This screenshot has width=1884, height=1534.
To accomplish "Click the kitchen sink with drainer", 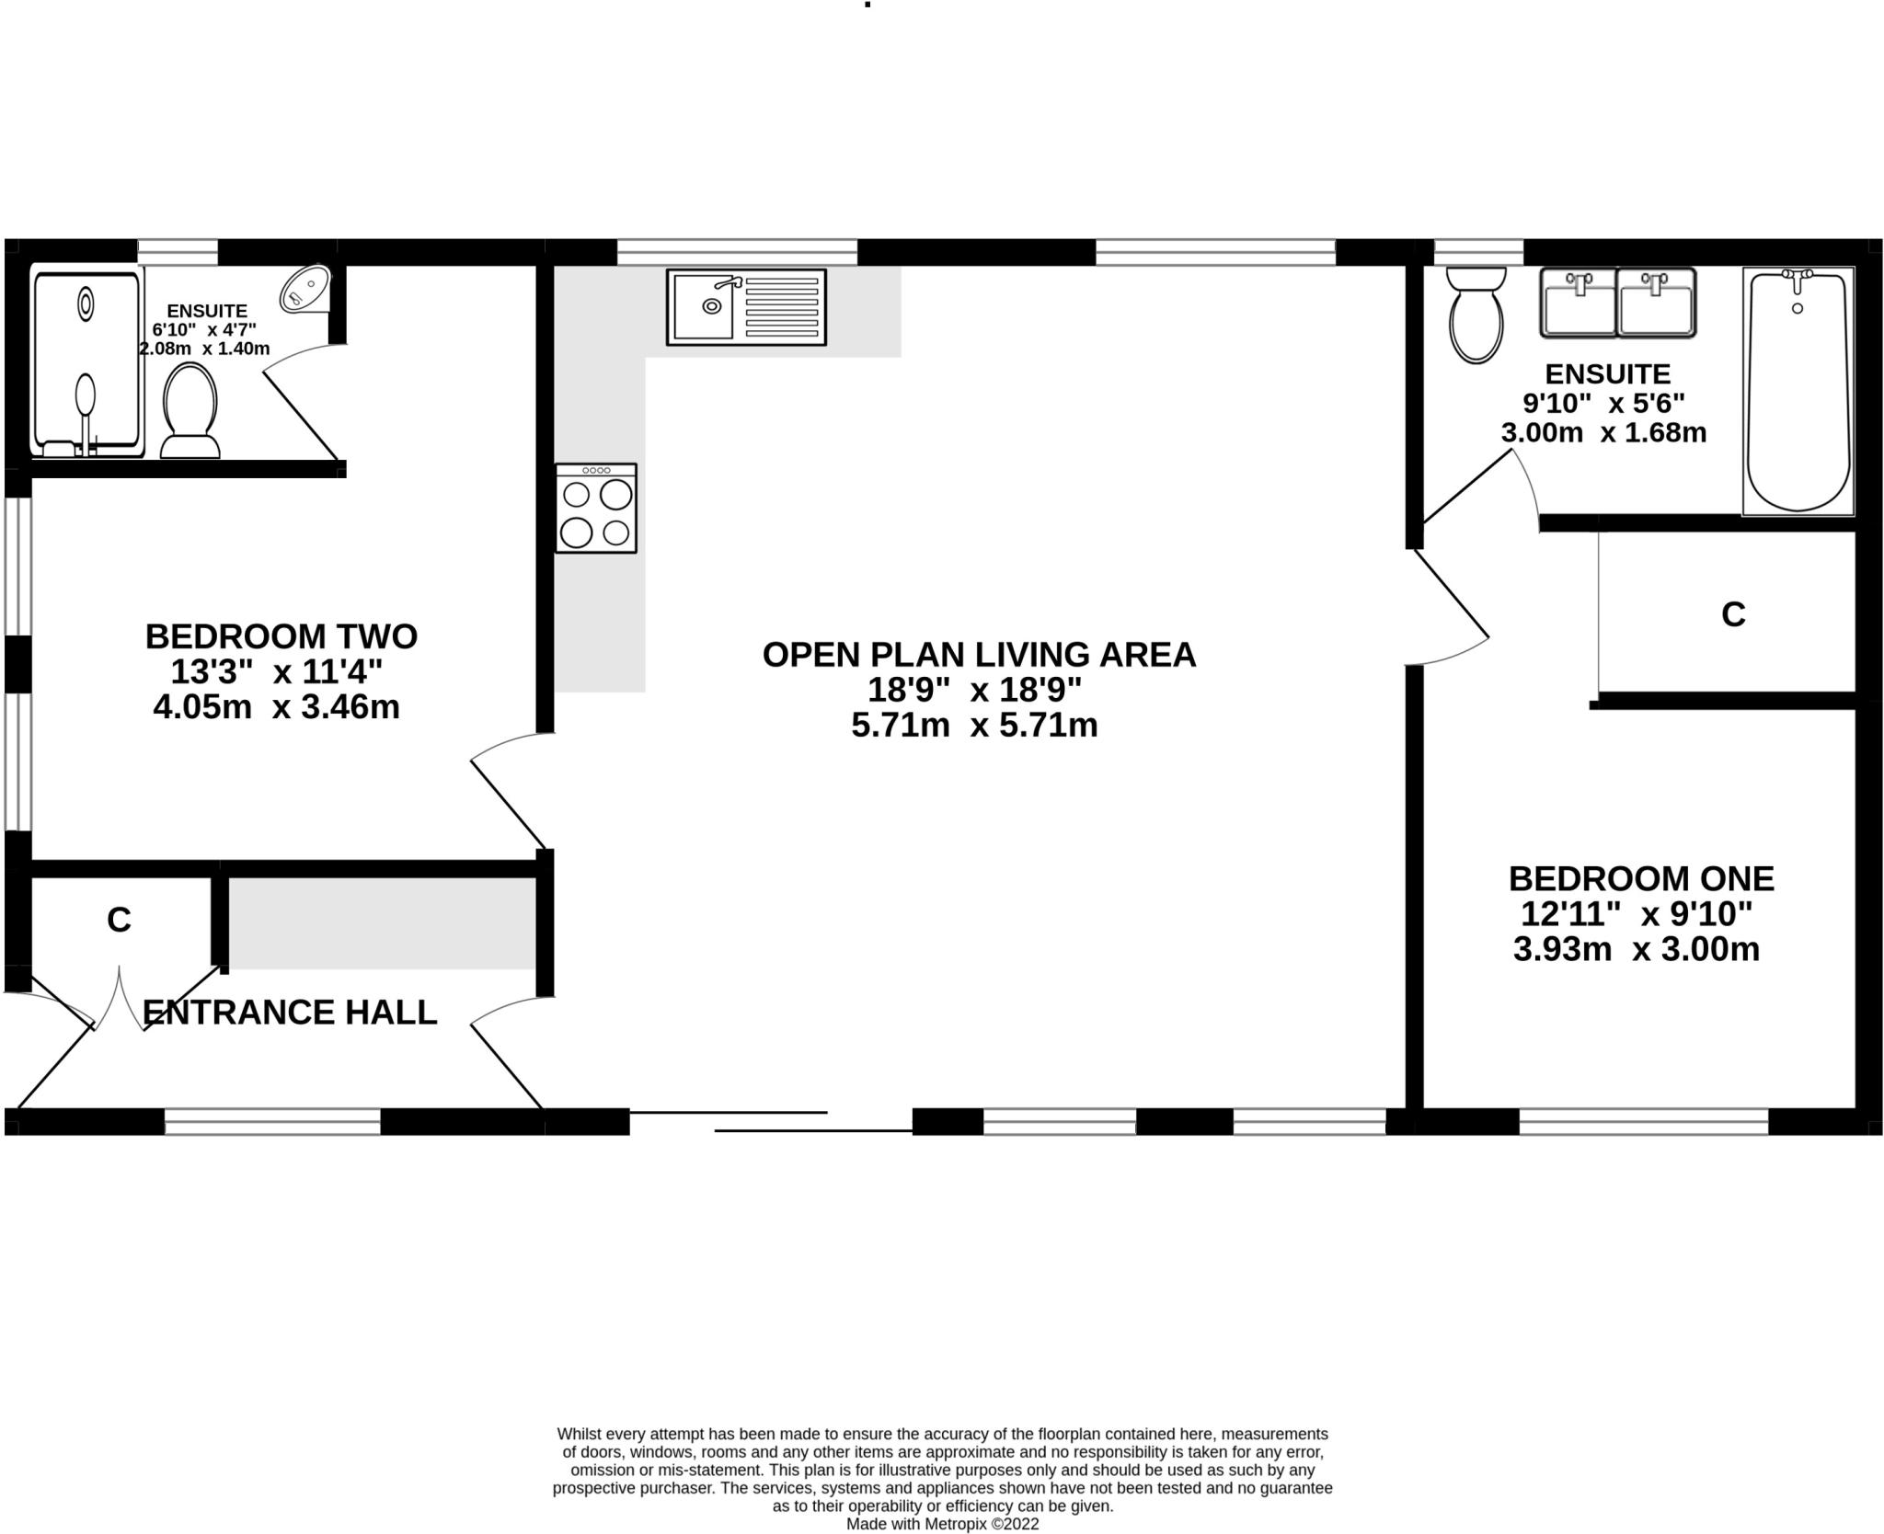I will click(746, 307).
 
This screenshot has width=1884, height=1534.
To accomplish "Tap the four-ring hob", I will click(596, 509).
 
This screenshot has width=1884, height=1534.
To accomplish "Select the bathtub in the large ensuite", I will click(1798, 391).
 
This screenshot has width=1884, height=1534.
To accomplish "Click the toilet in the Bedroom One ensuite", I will click(1476, 315).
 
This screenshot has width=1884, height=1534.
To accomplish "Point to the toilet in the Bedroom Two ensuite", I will click(190, 410).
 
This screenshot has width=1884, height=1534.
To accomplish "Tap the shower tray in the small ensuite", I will click(87, 361).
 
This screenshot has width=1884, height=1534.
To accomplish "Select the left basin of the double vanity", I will click(1579, 303).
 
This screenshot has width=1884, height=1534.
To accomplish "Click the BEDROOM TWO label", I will click(281, 636).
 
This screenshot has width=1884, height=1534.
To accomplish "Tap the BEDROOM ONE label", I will click(1641, 878).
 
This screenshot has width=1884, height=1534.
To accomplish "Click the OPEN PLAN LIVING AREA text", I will click(979, 655).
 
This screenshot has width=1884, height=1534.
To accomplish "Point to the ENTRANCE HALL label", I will click(290, 1012).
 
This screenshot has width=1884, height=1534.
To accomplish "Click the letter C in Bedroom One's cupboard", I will click(1733, 614).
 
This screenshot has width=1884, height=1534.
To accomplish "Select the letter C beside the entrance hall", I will click(119, 920).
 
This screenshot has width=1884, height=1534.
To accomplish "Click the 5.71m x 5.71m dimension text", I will click(974, 726).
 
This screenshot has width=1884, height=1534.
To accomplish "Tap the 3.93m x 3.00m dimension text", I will click(1636, 949).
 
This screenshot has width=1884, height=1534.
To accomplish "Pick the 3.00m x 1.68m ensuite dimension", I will click(1603, 432).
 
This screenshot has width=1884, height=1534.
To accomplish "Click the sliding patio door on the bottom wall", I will click(771, 1121).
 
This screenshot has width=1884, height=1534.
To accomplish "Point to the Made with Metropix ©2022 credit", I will click(942, 1524).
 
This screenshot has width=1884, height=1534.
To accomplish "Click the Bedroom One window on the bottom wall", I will click(1643, 1121).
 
